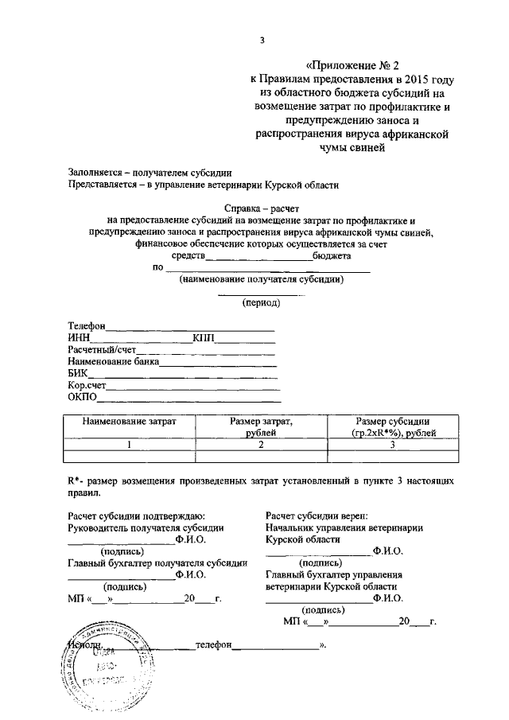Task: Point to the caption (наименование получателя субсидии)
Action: pos(262,280)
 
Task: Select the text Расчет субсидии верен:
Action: pos(317,515)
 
